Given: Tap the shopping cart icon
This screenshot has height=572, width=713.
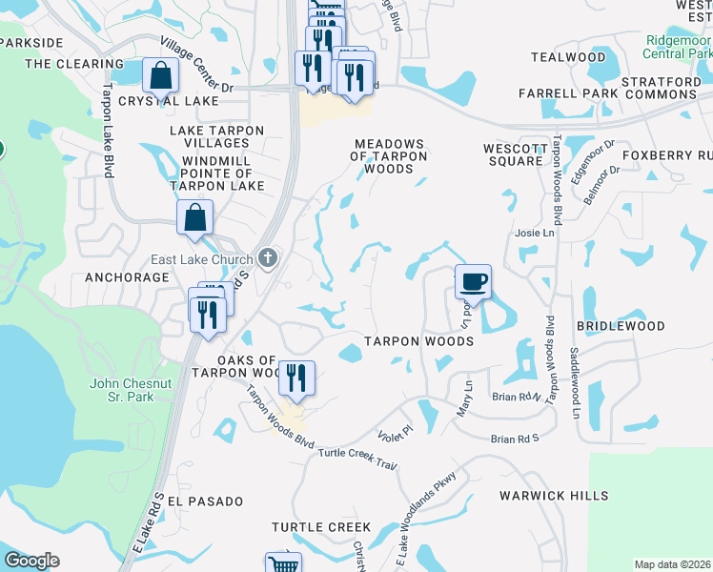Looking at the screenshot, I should pos(283,564).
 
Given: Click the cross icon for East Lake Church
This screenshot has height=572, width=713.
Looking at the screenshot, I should pos(269,258).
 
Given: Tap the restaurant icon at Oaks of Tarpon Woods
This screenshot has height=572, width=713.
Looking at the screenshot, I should pos(296,378).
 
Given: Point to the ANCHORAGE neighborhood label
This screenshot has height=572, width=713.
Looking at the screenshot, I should pos(126,277).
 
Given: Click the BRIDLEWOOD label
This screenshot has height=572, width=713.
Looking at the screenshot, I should pos(621,326).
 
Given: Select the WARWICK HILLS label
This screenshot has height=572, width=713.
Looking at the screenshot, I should pos(553,496).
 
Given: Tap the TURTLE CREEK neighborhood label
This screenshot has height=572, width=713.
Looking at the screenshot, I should pos(320,527).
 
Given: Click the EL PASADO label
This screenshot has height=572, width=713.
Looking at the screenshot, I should pos(205,500).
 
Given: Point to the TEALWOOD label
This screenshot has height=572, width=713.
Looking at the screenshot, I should pos(568,58).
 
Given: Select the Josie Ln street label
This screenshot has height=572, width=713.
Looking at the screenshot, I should pos(535,233).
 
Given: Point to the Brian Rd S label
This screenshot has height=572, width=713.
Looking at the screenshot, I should pos(515,439).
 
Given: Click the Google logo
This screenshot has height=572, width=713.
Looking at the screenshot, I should pos(31,561).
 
